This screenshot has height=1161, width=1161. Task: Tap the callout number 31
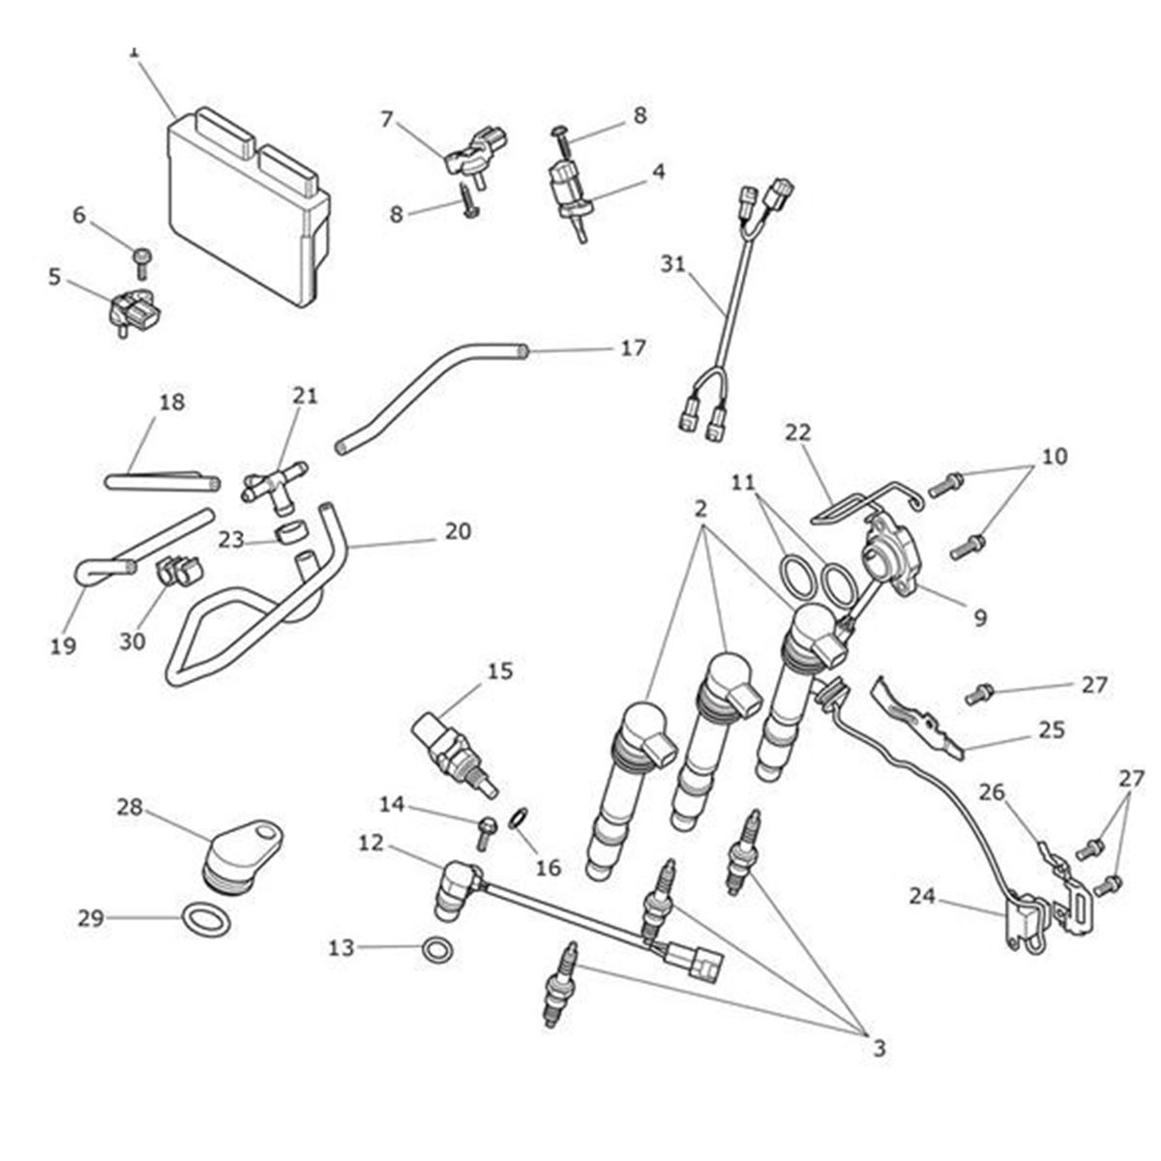click(x=673, y=262)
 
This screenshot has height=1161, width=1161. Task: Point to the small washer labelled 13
click(x=437, y=949)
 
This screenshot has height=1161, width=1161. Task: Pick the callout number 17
click(x=633, y=347)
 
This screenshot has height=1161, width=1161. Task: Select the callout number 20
click(x=458, y=531)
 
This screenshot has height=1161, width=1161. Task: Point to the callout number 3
click(x=878, y=1047)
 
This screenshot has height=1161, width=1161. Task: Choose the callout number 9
click(x=980, y=616)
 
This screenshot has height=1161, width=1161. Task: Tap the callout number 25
click(x=1052, y=729)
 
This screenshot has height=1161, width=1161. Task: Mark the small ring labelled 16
click(x=519, y=820)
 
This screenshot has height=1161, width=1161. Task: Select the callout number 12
click(x=371, y=843)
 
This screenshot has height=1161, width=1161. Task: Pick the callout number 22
click(x=798, y=432)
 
